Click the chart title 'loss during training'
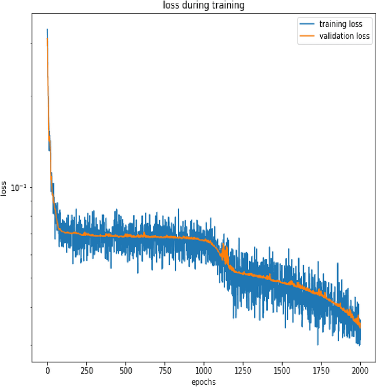[x=203, y=6]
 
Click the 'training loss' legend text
[x=345, y=24]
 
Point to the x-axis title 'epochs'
[x=203, y=382]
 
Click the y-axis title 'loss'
[x=5, y=189]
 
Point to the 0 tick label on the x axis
[x=48, y=371]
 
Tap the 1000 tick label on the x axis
[x=203, y=371]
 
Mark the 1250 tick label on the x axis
[x=243, y=371]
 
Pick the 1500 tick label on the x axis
[x=282, y=371]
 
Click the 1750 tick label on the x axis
[x=321, y=371]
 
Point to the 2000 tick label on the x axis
[x=360, y=371]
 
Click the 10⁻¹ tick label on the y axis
[x=22, y=187]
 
